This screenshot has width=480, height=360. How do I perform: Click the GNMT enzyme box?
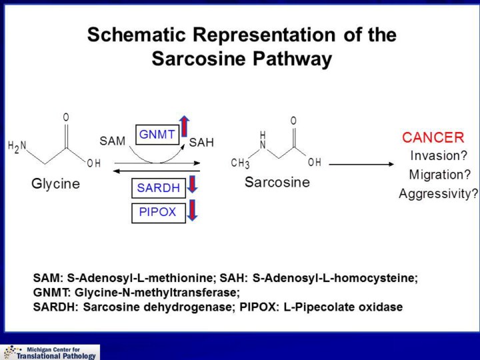pyautogui.click(x=157, y=135)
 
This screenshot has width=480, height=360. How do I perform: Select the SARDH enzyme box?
pyautogui.click(x=158, y=189)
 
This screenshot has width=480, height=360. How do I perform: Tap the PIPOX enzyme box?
pyautogui.click(x=157, y=213)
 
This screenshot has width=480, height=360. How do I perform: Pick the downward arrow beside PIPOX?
pyautogui.click(x=193, y=209)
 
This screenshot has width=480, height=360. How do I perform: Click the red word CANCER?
pyautogui.click(x=433, y=138)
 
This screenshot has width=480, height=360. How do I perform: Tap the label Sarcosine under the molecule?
pyautogui.click(x=277, y=182)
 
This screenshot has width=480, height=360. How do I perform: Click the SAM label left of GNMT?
pyautogui.click(x=112, y=141)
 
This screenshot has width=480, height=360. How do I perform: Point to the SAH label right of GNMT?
pyautogui.click(x=201, y=142)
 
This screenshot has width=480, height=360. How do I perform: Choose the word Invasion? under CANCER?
pyautogui.click(x=438, y=156)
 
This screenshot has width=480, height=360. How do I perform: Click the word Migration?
pyautogui.click(x=439, y=175)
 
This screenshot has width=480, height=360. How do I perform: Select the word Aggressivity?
pyautogui.click(x=438, y=194)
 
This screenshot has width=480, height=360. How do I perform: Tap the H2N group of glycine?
pyautogui.click(x=17, y=147)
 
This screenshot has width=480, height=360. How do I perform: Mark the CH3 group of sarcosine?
pyautogui.click(x=240, y=163)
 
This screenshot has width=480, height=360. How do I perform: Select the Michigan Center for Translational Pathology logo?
pyautogui.click(x=50, y=352)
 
